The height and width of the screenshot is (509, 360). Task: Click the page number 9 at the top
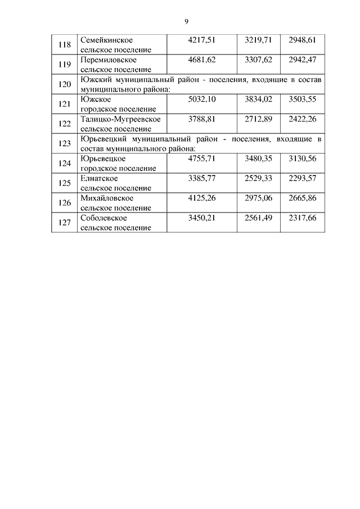186,21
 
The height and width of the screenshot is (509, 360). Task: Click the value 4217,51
201,40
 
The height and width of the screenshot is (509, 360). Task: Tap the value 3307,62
258,60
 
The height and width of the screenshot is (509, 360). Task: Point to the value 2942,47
302,60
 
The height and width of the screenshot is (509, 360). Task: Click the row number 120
65,84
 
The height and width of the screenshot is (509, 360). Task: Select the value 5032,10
201,99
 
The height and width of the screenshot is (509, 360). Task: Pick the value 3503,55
302,99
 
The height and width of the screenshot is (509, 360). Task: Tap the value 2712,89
258,119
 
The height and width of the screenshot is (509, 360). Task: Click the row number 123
65,143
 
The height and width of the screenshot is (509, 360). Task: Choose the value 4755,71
201,158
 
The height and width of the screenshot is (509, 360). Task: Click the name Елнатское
100,178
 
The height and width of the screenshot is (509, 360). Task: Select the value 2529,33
258,178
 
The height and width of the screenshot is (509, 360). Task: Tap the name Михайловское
107,198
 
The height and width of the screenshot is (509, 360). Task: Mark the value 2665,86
302,198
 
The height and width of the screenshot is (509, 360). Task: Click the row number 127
65,223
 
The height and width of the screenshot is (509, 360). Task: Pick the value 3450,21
201,218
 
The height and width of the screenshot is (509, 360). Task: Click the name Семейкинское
107,40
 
